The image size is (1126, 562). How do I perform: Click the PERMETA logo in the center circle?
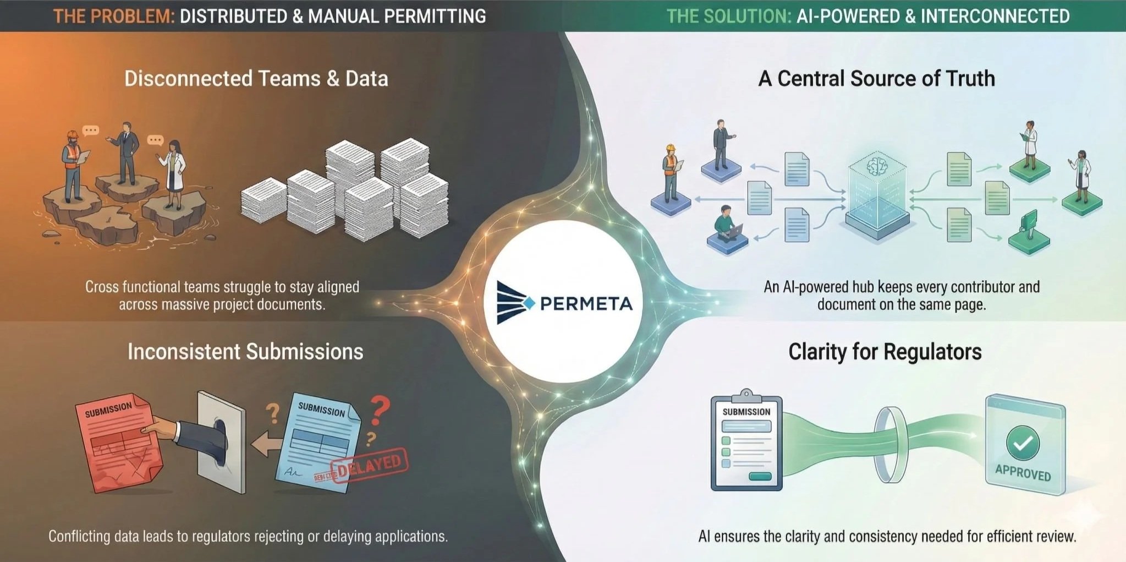pyautogui.click(x=564, y=303)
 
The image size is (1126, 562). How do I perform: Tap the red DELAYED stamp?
pyautogui.click(x=370, y=465)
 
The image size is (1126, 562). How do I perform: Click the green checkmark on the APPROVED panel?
pyautogui.click(x=1023, y=443)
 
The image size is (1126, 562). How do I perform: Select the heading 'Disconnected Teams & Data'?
pyautogui.click(x=256, y=79)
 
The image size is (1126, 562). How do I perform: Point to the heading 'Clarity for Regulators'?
pyautogui.click(x=885, y=352)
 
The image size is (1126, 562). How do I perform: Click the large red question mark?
pyautogui.click(x=379, y=410)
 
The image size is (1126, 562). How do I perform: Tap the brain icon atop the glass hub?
pyautogui.click(x=876, y=166)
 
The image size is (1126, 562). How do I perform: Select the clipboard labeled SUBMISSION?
pyautogui.click(x=746, y=443)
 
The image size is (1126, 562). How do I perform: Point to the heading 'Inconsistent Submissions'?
pyautogui.click(x=245, y=352)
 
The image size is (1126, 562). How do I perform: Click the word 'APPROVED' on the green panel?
pyautogui.click(x=1023, y=473)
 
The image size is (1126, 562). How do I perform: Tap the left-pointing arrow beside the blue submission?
pyautogui.click(x=266, y=444)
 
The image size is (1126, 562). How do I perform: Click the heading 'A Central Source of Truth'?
pyautogui.click(x=876, y=79)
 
